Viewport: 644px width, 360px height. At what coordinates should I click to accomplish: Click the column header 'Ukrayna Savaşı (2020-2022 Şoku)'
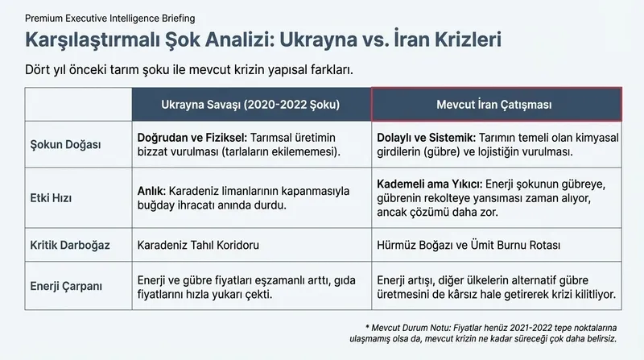point(250,106)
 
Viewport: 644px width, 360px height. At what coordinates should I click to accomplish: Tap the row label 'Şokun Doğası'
point(66,144)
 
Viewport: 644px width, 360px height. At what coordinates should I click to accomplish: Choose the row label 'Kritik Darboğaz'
point(71,244)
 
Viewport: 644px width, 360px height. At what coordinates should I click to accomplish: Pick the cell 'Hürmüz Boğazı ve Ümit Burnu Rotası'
point(469,244)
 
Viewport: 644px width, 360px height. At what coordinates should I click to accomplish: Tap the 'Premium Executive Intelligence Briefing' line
point(109,17)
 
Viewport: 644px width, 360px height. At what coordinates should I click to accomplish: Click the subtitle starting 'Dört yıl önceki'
point(189,69)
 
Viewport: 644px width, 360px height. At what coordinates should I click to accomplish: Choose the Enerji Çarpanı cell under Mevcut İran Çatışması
point(497,286)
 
